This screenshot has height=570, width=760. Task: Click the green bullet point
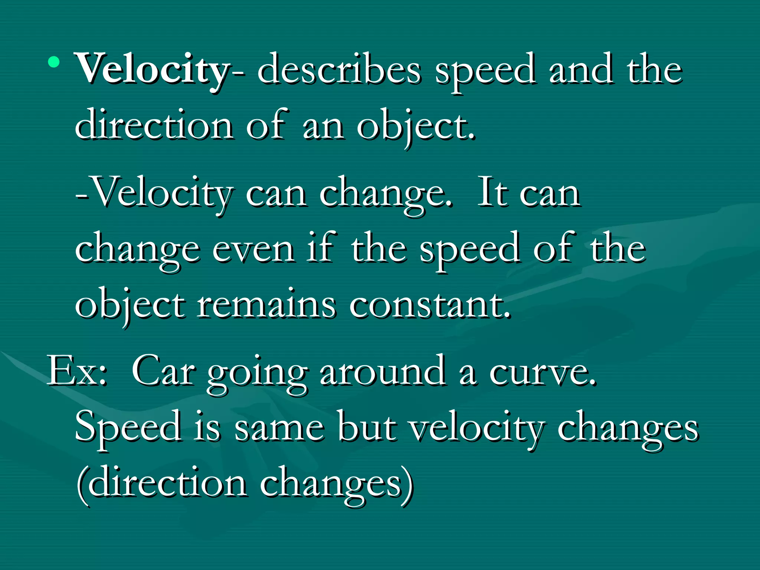54,62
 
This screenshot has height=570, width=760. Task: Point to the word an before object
323,126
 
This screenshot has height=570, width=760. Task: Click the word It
492,193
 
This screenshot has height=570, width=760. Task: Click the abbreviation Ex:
77,371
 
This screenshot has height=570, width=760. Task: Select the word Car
163,371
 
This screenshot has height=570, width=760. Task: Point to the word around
382,371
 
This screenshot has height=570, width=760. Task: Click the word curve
542,373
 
